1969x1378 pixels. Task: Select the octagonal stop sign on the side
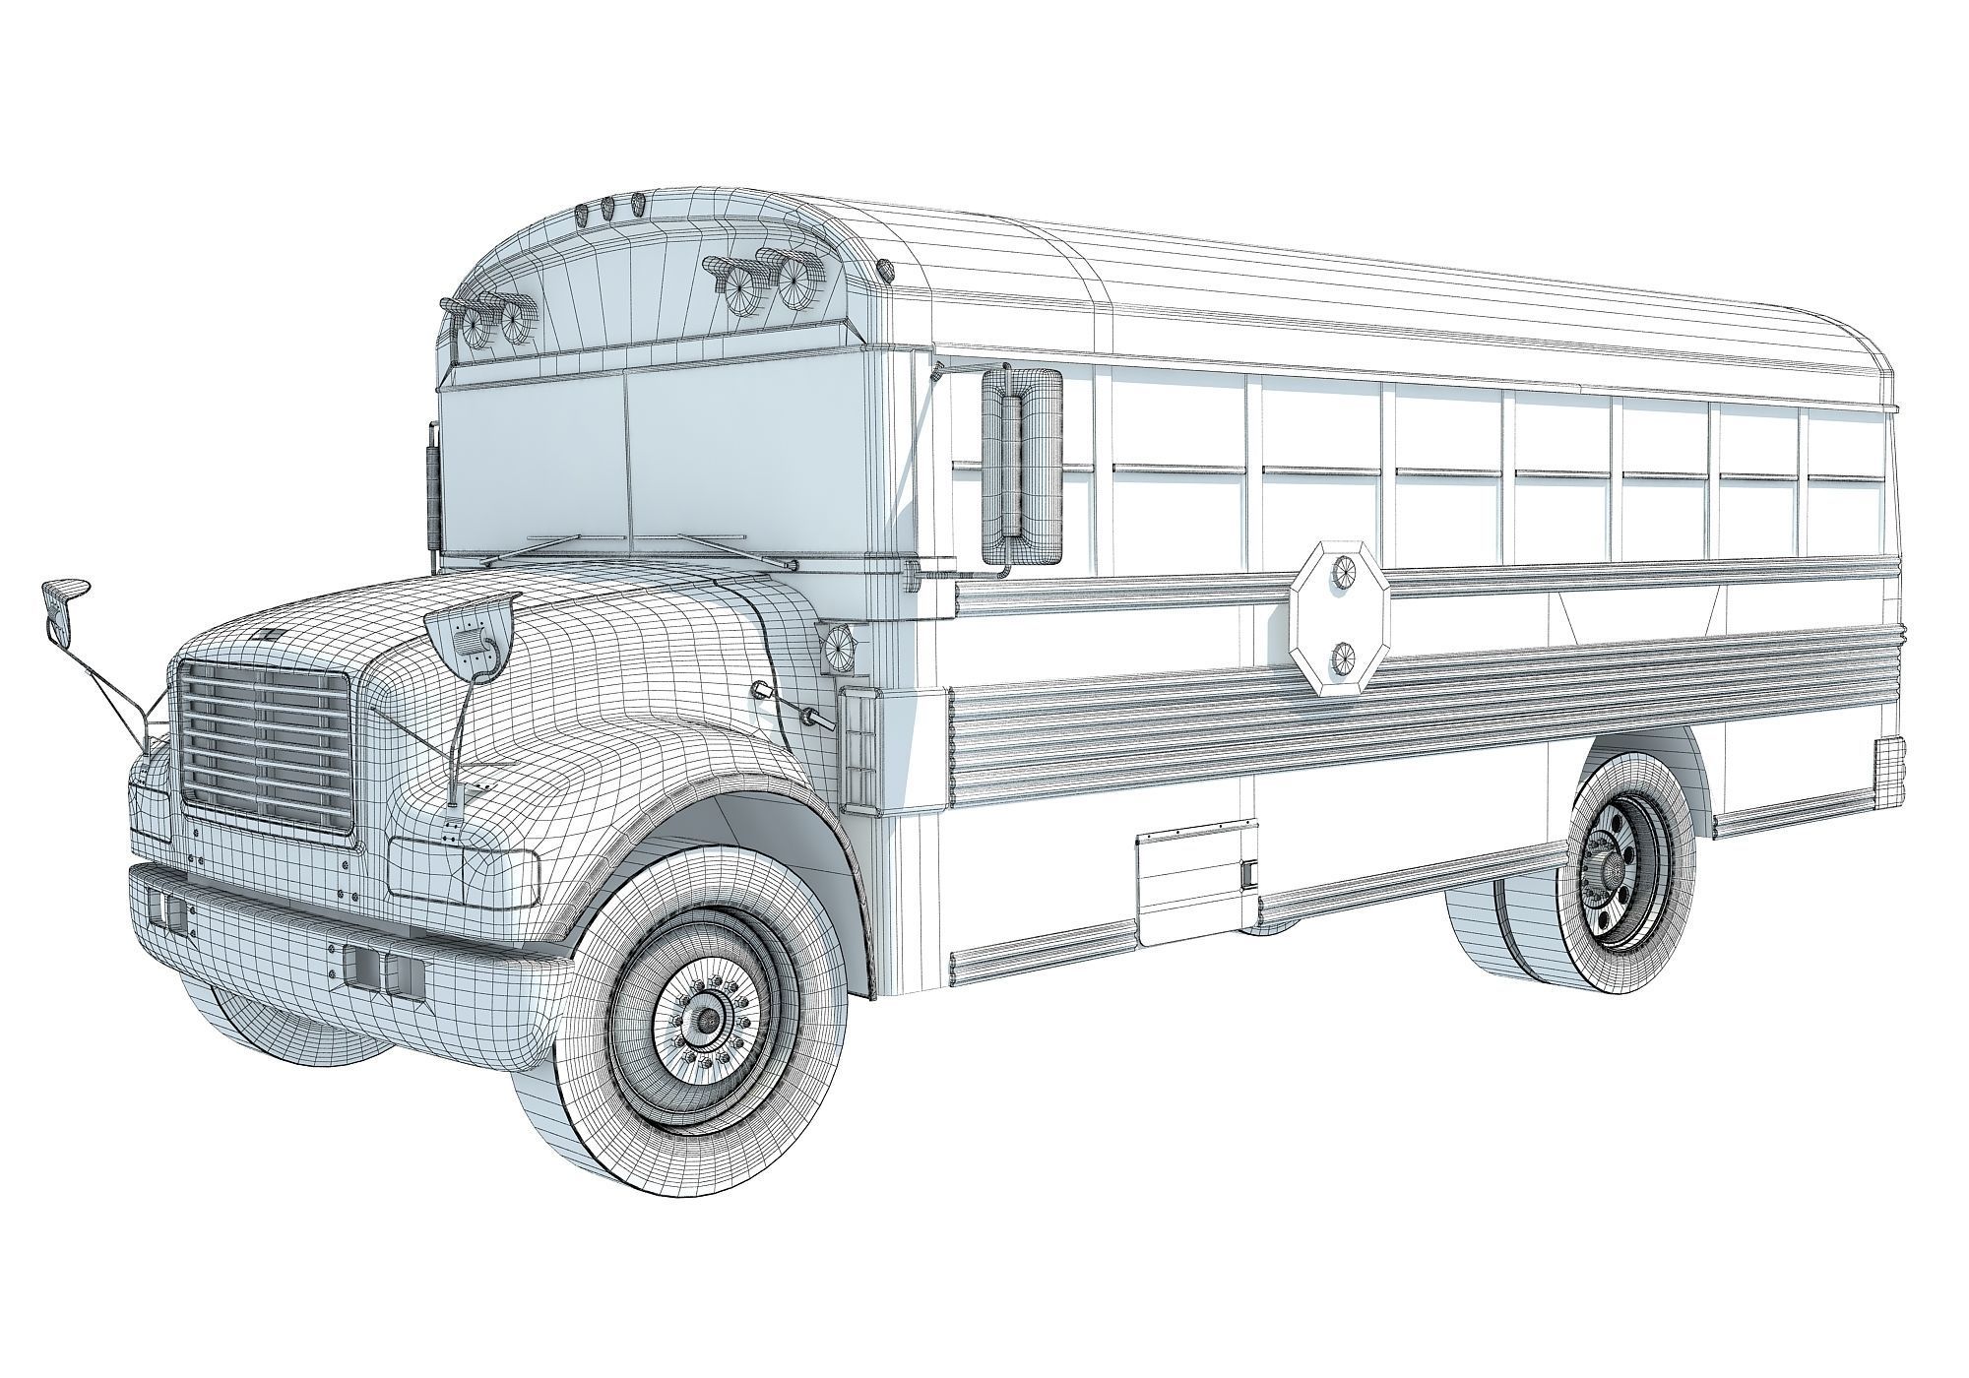click(1340, 619)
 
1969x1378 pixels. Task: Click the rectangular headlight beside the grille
click(463, 867)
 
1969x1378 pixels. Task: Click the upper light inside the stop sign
click(1343, 571)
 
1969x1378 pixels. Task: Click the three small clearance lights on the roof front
click(609, 209)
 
